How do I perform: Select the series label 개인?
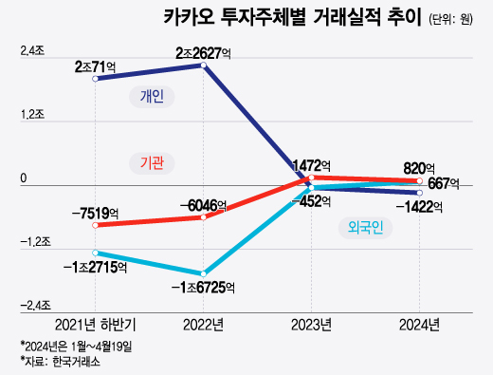[151, 97]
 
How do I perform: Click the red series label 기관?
[151, 163]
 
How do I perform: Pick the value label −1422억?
[418, 207]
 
